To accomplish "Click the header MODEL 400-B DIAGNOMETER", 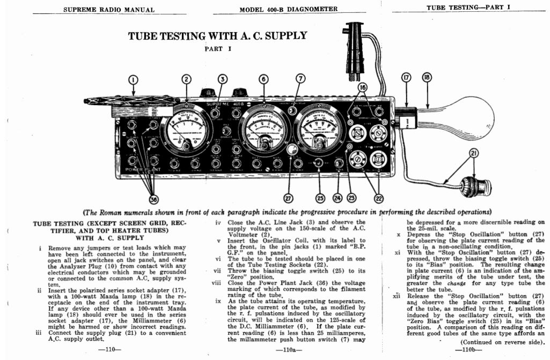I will point(288,9).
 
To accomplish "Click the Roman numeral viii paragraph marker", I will point(216,282).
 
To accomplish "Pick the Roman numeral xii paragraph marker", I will point(397,296).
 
